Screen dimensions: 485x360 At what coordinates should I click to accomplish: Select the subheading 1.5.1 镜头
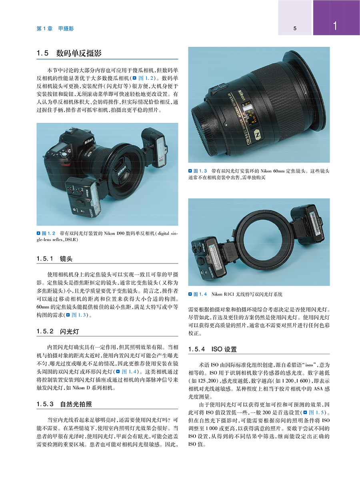[x=54, y=259]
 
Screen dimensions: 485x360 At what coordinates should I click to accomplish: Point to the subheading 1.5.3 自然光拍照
[x=64, y=404]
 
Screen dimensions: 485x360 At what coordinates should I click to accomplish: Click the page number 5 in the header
[x=295, y=28]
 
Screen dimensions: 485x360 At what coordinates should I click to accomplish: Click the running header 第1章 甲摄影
[x=55, y=29]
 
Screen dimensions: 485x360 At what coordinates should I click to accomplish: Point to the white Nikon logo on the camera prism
[x=89, y=141]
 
